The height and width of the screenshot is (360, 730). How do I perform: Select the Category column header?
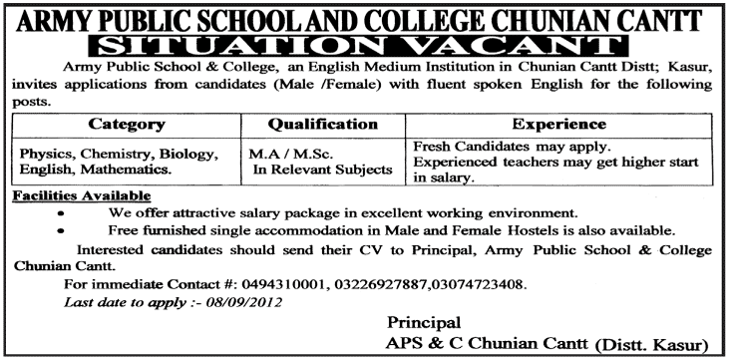(x=127, y=125)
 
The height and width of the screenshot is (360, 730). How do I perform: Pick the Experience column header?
(x=559, y=125)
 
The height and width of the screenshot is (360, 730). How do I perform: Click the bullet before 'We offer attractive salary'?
(x=64, y=213)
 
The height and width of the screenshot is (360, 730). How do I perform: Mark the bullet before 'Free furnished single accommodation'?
(x=64, y=230)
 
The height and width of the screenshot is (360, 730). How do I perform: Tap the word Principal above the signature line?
(x=423, y=322)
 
